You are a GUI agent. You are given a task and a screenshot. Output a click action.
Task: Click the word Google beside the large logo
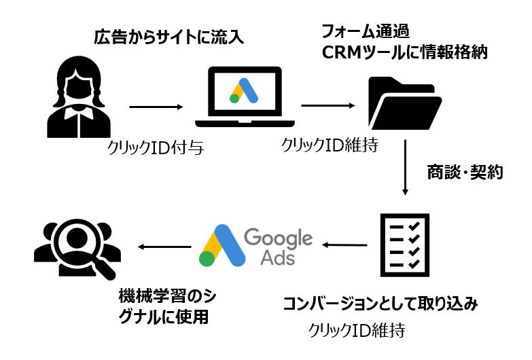click(278, 239)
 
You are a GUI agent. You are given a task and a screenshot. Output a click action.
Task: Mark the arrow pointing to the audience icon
click(162, 247)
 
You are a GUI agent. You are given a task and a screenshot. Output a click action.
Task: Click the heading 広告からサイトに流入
click(166, 38)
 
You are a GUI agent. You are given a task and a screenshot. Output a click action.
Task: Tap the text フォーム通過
click(368, 31)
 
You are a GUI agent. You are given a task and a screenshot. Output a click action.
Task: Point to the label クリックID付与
click(156, 147)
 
